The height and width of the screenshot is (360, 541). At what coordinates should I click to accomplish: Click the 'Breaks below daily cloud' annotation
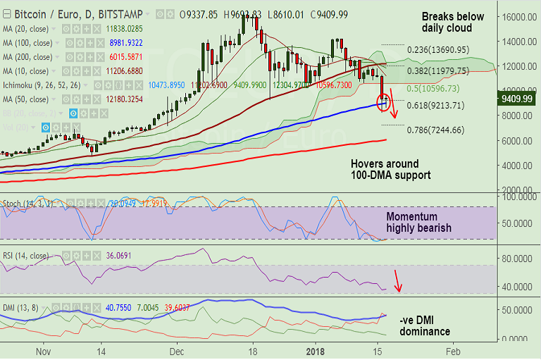tap(452, 22)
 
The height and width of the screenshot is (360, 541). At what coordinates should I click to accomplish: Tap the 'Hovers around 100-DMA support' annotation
tap(390, 169)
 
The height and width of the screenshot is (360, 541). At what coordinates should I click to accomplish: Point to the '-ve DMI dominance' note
tap(424, 325)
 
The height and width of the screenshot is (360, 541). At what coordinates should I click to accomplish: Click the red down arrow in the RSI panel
tap(398, 281)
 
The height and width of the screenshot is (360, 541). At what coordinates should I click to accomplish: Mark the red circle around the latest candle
tap(383, 103)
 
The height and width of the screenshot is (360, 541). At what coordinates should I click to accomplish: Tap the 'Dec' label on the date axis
tap(176, 350)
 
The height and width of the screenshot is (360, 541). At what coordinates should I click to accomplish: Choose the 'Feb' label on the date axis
tap(453, 350)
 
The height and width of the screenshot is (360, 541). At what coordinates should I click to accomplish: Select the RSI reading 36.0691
tap(120, 256)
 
